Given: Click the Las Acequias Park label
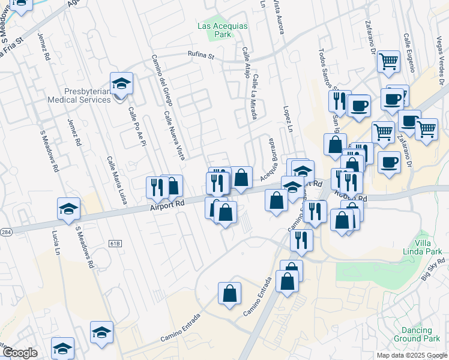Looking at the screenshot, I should pyautogui.click(x=214, y=30).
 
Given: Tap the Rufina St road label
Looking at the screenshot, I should pyautogui.click(x=203, y=56).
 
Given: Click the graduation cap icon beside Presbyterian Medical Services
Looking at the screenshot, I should pyautogui.click(x=122, y=84).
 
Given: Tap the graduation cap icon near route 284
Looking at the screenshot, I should pyautogui.click(x=69, y=209).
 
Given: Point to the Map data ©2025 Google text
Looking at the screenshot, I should pyautogui.click(x=412, y=355).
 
